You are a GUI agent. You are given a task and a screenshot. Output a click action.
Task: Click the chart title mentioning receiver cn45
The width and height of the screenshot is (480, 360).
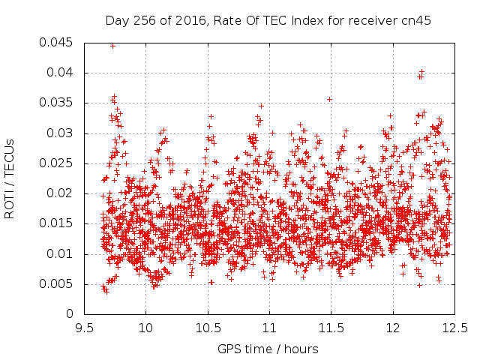(x=268, y=21)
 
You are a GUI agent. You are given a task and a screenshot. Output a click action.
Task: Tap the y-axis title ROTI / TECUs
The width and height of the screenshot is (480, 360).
(x=10, y=179)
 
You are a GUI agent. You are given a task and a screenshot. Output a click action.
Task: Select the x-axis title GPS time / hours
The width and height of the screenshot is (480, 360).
(x=268, y=349)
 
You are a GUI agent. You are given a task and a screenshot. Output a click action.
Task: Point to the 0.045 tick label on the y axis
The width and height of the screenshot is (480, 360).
(x=56, y=42)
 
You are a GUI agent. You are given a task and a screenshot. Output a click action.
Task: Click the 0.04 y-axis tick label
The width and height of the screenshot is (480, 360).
(x=60, y=73)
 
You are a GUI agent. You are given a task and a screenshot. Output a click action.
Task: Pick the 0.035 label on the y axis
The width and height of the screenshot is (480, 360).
(x=56, y=103)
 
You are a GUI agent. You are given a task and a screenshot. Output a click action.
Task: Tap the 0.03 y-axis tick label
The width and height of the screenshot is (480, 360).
(x=60, y=133)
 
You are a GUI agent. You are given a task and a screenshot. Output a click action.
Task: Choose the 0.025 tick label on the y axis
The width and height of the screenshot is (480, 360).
(x=56, y=163)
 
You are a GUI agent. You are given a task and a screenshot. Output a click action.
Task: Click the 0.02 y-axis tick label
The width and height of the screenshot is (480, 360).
(x=60, y=193)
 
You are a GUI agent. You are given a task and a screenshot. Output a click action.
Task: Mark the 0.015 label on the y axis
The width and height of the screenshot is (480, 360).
(x=56, y=223)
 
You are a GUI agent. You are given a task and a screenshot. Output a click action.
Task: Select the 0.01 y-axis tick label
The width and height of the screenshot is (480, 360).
(x=60, y=253)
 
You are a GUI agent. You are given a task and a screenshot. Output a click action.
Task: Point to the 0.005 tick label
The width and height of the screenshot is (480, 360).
(x=56, y=283)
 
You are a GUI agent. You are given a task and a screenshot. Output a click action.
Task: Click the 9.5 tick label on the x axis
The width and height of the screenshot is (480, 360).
(x=85, y=328)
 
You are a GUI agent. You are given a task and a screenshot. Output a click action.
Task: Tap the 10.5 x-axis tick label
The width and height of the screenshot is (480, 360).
(x=208, y=328)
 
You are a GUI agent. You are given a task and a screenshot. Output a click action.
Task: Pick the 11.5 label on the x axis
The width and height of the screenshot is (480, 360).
(x=331, y=328)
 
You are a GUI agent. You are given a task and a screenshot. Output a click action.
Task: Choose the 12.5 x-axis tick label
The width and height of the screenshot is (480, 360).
(x=455, y=328)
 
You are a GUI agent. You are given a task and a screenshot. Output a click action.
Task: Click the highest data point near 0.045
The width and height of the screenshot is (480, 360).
(x=113, y=46)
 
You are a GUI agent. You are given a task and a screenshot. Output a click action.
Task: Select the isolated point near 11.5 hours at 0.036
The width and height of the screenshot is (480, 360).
(x=330, y=99)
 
